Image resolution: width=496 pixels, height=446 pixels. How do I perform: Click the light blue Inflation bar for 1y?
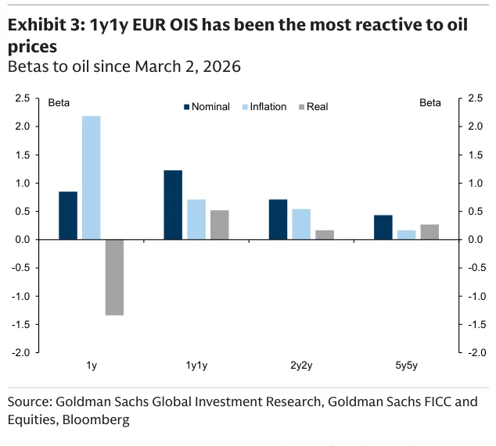[x=91, y=177]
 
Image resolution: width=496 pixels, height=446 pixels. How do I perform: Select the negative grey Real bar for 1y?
[x=114, y=277]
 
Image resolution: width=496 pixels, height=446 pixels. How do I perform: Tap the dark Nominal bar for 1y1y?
[x=173, y=205]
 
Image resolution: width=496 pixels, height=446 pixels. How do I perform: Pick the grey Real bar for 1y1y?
[x=220, y=225]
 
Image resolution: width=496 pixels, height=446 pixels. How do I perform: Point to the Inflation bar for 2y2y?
[x=301, y=224]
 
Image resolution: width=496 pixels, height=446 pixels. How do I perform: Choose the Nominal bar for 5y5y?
[x=383, y=227]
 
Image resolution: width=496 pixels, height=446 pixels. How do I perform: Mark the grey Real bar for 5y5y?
[x=430, y=232]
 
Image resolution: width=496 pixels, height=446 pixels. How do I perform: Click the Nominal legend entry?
[x=207, y=107]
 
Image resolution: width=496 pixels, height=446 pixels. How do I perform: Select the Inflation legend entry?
[x=264, y=107]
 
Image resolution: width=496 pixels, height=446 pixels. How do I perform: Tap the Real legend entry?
[x=313, y=107]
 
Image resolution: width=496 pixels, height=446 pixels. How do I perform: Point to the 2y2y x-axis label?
[x=301, y=366]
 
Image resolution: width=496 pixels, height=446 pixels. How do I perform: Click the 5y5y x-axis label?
[x=406, y=366]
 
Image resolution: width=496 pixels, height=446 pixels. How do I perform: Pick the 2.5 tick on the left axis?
[x=23, y=98]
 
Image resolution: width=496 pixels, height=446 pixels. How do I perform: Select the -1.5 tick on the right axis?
[x=477, y=324]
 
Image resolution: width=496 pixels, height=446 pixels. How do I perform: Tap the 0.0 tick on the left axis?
[x=23, y=240]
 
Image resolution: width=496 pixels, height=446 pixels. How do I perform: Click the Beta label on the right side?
[x=430, y=102]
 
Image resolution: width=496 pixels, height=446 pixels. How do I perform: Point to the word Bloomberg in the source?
[x=96, y=420]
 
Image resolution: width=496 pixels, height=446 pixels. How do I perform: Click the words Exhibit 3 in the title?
[x=46, y=25]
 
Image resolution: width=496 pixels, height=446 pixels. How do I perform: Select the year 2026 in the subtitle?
[x=221, y=66]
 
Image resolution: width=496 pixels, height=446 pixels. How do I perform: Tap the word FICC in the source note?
[x=437, y=401]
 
